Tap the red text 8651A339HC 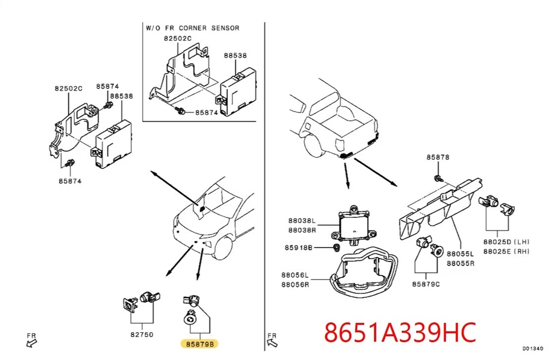(400, 332)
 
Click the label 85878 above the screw (438, 156)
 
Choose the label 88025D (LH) (506, 242)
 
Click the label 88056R (295, 285)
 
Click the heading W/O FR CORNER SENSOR (192, 28)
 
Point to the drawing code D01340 (532, 348)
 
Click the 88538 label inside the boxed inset (235, 56)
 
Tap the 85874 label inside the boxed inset (207, 113)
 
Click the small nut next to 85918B (337, 247)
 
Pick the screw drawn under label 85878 (437, 179)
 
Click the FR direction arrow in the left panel (32, 342)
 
